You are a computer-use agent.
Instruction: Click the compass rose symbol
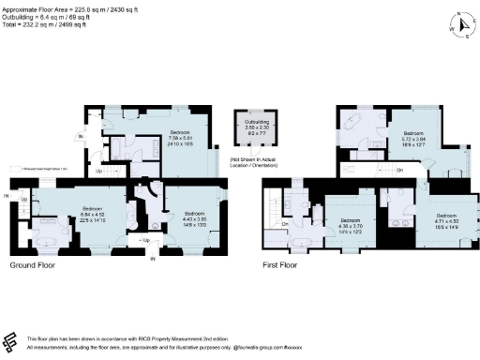tap(458, 25)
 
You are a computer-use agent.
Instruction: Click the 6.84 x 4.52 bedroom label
tap(92, 213)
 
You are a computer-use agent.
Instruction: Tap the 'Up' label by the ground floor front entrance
tap(145, 242)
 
